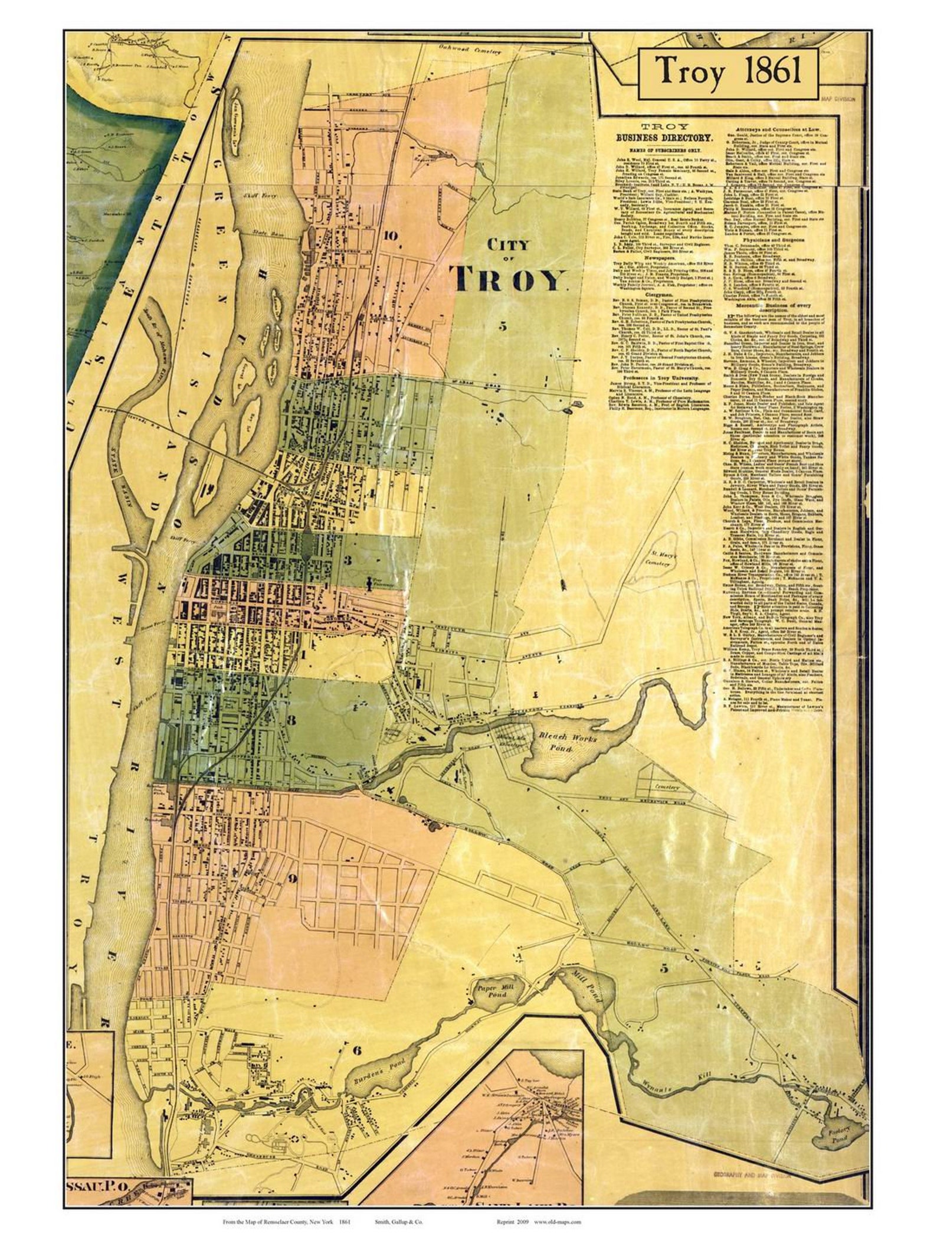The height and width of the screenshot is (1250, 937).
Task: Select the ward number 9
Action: pyautogui.click(x=291, y=878)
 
